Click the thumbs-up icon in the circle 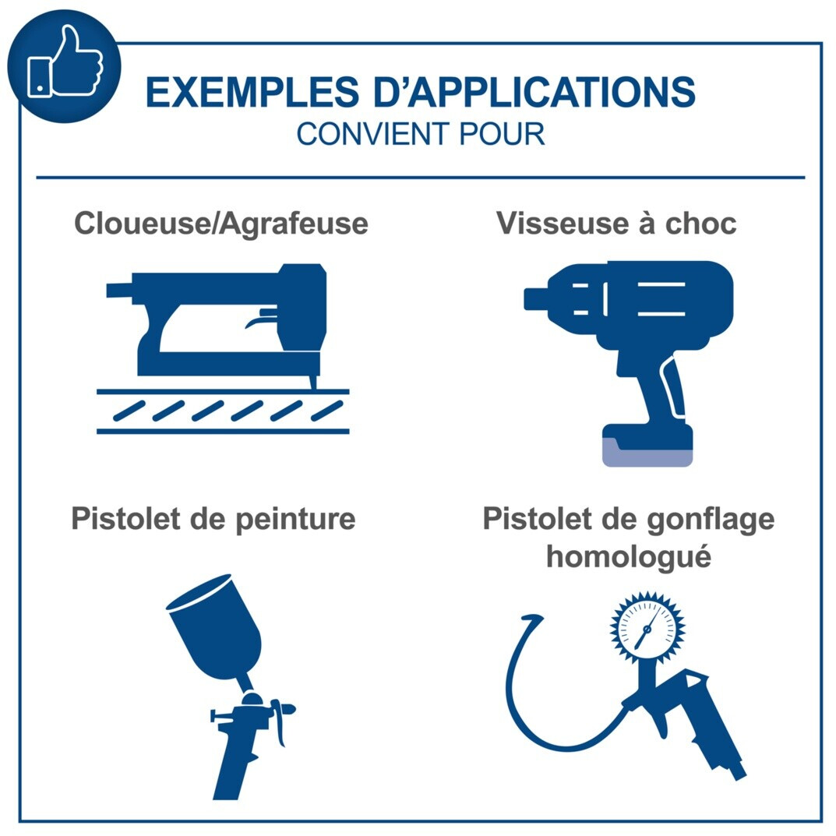[65, 63]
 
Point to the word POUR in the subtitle [502, 134]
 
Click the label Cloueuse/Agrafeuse [221, 224]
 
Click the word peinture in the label [295, 520]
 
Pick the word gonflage [711, 520]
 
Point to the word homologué [629, 557]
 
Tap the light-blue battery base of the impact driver [647, 454]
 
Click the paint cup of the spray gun [216, 625]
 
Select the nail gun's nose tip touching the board [313, 383]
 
